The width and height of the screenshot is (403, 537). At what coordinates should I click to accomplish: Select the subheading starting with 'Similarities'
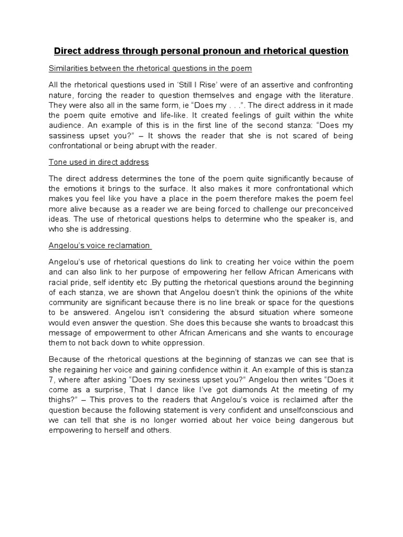click(150, 69)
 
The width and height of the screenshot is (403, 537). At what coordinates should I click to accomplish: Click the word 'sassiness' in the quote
click(71, 136)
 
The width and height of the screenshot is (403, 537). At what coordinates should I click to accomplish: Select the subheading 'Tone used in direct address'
click(99, 162)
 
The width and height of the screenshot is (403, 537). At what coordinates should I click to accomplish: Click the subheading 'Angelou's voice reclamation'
click(99, 245)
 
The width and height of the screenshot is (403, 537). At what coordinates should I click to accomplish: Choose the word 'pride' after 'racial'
click(82, 272)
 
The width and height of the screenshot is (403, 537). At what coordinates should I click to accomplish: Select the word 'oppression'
click(181, 343)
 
